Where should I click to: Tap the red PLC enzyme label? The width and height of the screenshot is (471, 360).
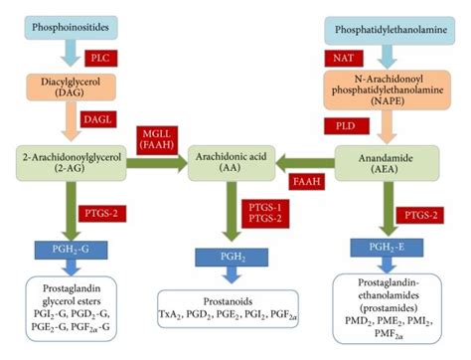tap(101, 57)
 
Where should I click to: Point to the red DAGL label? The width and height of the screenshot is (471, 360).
tap(101, 118)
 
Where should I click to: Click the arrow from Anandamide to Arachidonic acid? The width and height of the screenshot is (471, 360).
tap(304, 162)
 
